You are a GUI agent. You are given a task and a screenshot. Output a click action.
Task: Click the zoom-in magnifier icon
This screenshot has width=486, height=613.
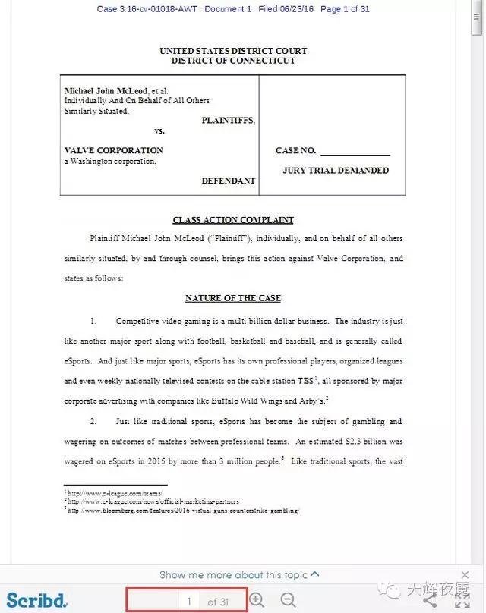pos(257,600)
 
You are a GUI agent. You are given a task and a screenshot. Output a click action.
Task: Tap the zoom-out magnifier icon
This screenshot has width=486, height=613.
pos(288,600)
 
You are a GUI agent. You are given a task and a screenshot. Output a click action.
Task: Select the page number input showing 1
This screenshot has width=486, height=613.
pos(188,602)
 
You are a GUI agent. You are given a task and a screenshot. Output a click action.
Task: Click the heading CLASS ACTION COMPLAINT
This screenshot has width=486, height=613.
pos(233,220)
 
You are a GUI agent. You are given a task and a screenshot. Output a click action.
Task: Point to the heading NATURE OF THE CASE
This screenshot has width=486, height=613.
pos(233,298)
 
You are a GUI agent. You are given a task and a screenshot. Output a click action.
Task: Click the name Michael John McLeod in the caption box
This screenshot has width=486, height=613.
pos(106,91)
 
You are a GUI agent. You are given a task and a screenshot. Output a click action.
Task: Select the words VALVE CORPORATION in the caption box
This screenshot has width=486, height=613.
pos(113,150)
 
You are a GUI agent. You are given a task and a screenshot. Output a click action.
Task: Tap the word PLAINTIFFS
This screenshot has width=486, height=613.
pos(228,121)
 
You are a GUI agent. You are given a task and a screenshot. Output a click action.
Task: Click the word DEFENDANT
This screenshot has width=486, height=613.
pos(228,181)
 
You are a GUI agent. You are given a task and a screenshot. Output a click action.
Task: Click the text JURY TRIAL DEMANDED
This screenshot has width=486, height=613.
pos(336,171)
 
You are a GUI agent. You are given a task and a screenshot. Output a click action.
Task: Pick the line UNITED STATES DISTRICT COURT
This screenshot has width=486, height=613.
pos(233,51)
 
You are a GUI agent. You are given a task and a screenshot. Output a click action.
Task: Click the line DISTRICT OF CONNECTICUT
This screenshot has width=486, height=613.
pos(233,61)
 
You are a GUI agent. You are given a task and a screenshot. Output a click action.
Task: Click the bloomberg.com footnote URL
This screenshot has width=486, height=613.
pos(183,511)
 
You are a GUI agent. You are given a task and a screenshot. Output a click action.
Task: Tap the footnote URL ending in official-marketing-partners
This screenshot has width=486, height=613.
pos(153,501)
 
